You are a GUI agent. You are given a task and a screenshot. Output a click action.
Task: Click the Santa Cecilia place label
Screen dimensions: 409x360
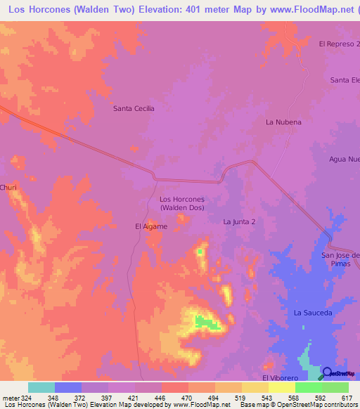(134, 108)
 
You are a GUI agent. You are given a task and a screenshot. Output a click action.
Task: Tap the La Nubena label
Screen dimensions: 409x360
(283, 122)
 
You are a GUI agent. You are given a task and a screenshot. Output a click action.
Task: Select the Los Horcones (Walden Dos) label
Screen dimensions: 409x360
(182, 204)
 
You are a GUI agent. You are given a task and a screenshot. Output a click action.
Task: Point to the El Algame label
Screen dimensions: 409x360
(151, 226)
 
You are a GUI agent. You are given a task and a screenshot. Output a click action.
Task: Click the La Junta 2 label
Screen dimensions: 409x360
(239, 221)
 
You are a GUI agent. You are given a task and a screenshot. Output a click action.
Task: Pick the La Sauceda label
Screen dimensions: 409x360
(313, 312)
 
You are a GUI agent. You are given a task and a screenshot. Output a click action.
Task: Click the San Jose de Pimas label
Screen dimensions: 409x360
(340, 259)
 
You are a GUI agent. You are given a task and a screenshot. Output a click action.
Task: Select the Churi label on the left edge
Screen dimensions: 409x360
(8, 187)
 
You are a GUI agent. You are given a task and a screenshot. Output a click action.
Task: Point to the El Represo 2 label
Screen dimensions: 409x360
(339, 44)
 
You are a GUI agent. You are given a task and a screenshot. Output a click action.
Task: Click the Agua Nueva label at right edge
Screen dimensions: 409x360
(344, 159)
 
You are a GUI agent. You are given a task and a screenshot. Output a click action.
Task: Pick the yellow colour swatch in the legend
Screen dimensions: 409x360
(281, 387)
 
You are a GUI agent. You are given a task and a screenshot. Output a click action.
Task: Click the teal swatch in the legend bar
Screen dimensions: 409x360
(41, 387)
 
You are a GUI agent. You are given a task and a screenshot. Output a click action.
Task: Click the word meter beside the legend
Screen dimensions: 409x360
(9, 398)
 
